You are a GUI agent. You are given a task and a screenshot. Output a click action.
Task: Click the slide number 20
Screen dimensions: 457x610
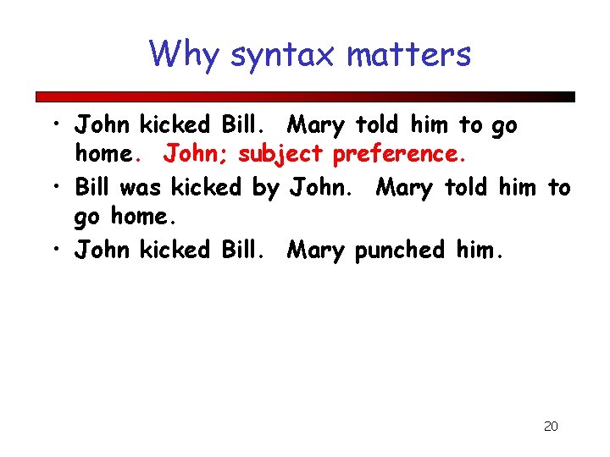(x=551, y=426)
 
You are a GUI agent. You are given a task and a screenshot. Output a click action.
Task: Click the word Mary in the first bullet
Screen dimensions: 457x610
(x=316, y=126)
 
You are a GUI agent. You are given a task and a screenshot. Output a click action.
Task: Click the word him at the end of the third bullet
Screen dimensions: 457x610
(x=479, y=250)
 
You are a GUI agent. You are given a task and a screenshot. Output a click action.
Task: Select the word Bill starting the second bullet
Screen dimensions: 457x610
(x=94, y=187)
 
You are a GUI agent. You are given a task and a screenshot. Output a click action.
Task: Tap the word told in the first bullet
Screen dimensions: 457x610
(x=379, y=125)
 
